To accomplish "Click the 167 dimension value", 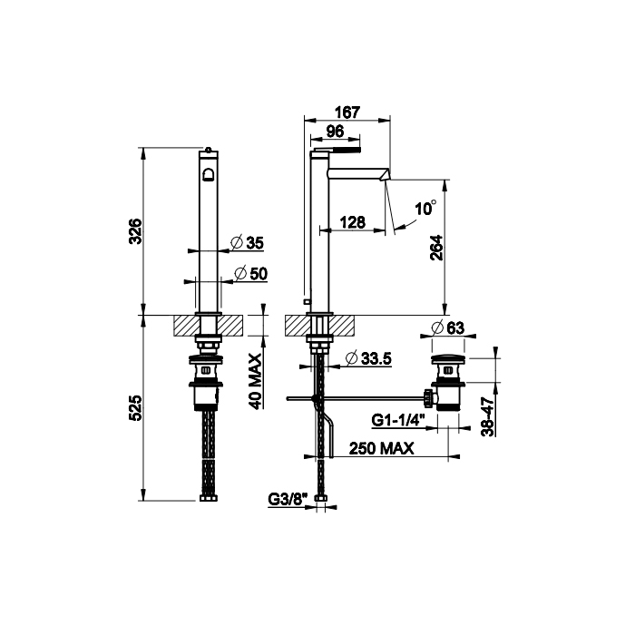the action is click(x=347, y=112).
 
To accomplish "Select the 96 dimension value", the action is click(x=335, y=132).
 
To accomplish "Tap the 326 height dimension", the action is click(x=135, y=230).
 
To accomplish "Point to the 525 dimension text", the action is click(x=135, y=408).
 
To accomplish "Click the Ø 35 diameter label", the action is click(x=247, y=242).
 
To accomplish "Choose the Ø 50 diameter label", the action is click(x=250, y=274).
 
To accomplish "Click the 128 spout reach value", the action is click(x=352, y=222).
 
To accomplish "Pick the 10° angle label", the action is click(x=425, y=208).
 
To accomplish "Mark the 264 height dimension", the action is click(x=437, y=248).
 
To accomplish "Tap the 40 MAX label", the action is click(x=256, y=381).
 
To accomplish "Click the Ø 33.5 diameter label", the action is click(x=368, y=358).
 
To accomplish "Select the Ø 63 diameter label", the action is click(x=448, y=327).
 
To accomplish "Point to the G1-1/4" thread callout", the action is click(x=397, y=420).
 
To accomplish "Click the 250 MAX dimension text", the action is click(x=382, y=448).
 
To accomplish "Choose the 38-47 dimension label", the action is click(x=489, y=416).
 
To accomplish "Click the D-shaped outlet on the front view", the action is click(x=209, y=175).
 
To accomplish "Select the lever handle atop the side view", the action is click(x=335, y=151).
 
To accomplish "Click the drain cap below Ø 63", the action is click(x=448, y=359).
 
